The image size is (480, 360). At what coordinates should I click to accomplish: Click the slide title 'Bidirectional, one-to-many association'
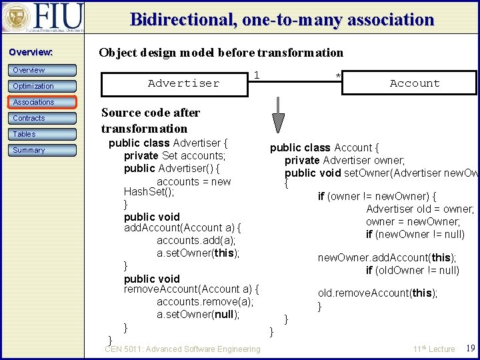(x=282, y=19)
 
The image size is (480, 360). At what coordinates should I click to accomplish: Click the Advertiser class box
(x=174, y=83)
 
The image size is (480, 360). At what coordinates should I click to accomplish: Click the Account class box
(x=414, y=83)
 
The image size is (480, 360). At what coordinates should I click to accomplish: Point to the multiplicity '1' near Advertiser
(x=257, y=75)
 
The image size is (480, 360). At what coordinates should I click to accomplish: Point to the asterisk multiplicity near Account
(x=338, y=75)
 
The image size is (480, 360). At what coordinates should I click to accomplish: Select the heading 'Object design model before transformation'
(x=221, y=53)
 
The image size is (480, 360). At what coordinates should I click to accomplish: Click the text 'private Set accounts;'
(x=175, y=155)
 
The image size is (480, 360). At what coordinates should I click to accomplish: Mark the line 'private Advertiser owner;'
(x=345, y=160)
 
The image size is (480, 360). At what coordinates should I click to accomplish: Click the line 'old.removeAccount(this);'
(x=377, y=293)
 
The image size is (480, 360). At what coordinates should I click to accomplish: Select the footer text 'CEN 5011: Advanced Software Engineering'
(x=183, y=349)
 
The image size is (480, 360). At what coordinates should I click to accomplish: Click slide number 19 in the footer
(x=470, y=349)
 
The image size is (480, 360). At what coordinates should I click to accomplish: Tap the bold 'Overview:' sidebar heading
(x=30, y=52)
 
